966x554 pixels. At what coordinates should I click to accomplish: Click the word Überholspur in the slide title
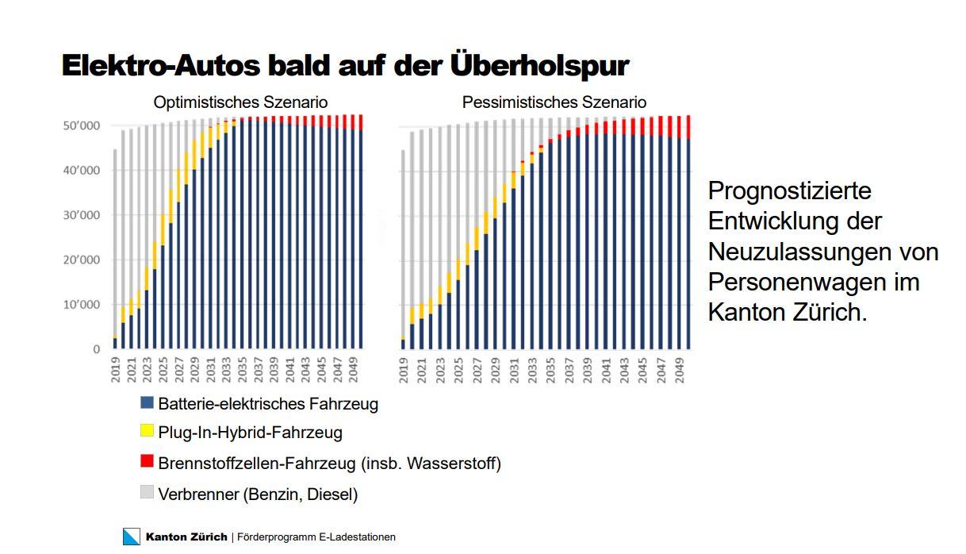click(539, 66)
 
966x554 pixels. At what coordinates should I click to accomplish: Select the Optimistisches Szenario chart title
click(240, 102)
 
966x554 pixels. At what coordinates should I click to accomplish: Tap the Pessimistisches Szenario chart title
click(554, 102)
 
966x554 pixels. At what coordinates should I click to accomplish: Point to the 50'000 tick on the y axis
click(82, 126)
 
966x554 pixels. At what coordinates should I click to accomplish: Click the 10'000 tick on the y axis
click(82, 305)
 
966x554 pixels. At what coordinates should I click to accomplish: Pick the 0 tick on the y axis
click(97, 349)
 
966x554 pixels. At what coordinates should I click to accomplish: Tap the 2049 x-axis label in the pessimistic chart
click(680, 369)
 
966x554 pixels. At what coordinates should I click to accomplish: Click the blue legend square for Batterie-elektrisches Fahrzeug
click(147, 402)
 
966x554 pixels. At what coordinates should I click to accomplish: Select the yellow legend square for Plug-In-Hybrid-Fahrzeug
click(147, 431)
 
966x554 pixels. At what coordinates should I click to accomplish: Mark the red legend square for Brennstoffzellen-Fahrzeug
click(147, 461)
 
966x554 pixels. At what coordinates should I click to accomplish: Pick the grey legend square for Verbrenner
click(147, 492)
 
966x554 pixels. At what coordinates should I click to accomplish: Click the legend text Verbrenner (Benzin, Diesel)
click(258, 494)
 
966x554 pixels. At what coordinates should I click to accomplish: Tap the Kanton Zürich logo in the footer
click(132, 537)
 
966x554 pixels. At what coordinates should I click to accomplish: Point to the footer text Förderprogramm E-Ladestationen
click(316, 537)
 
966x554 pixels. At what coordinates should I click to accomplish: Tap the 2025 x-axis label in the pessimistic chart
click(458, 369)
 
